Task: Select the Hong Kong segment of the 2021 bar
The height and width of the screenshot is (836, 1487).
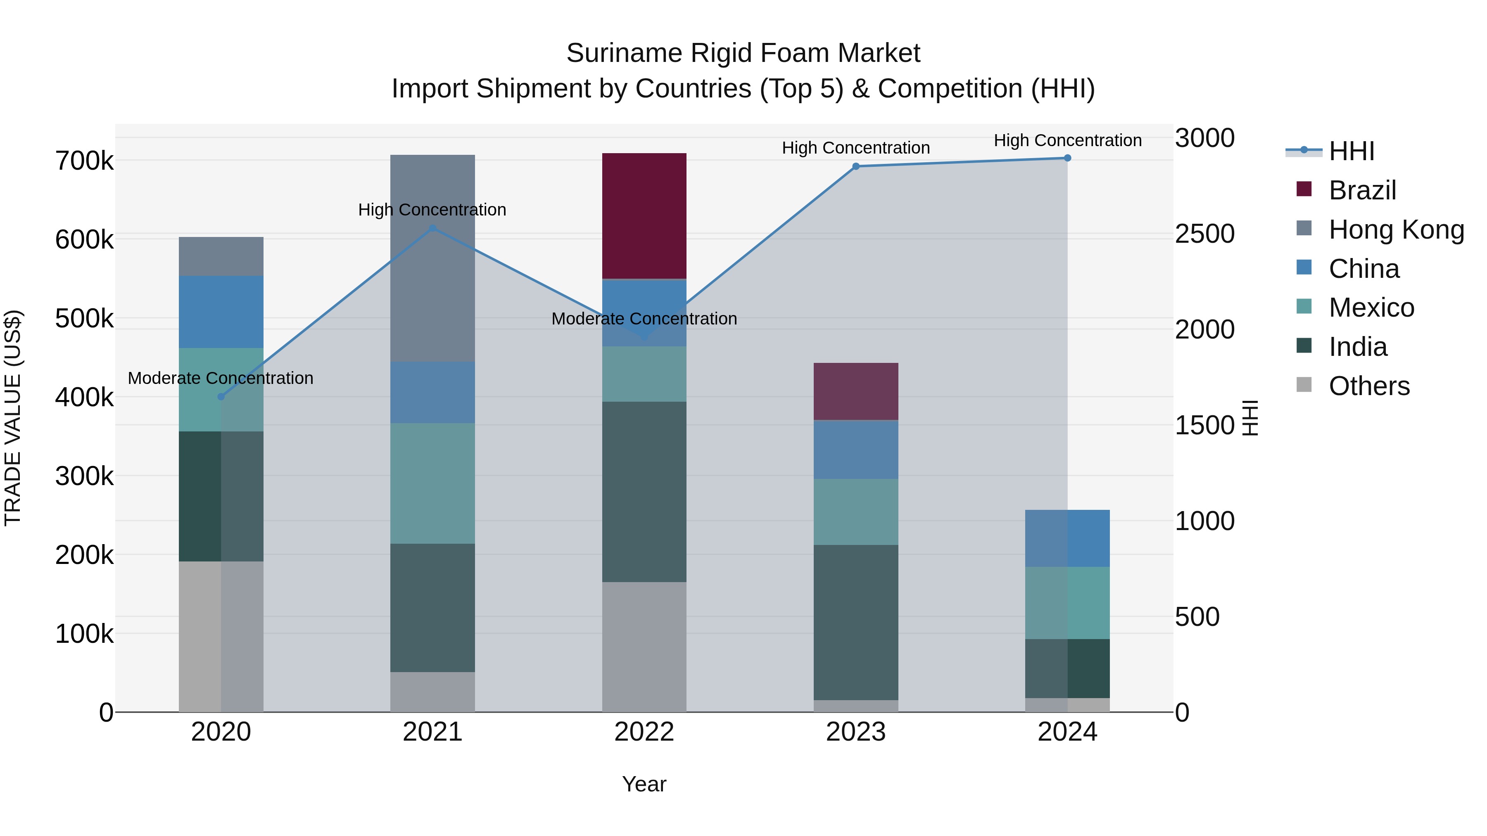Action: (x=432, y=258)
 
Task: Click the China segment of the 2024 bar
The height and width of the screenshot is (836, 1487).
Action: (x=1067, y=538)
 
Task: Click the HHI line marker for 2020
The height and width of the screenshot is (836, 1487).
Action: (x=221, y=397)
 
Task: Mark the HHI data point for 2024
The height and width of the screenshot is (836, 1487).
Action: (x=1067, y=158)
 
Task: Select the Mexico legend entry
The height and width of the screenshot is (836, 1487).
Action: (x=1371, y=308)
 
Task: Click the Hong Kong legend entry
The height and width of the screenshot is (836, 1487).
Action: (x=1396, y=230)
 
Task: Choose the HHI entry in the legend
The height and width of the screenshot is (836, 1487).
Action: (x=1351, y=151)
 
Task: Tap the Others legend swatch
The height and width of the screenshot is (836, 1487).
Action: (x=1304, y=385)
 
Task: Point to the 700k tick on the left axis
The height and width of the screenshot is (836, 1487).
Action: (x=84, y=161)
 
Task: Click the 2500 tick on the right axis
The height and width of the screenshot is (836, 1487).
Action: (x=1205, y=234)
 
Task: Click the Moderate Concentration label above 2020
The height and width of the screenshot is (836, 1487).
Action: (x=221, y=379)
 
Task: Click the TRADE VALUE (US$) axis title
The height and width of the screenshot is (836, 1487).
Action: (x=13, y=418)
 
